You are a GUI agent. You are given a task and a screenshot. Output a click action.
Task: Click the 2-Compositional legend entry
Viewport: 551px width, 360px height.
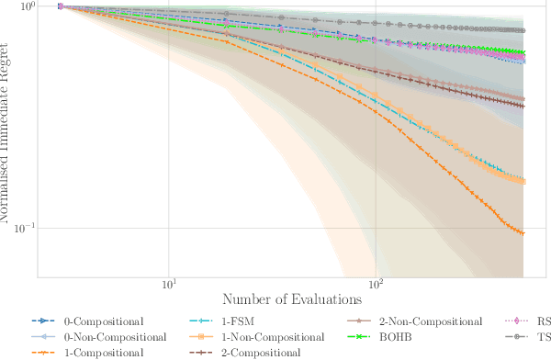click(259, 352)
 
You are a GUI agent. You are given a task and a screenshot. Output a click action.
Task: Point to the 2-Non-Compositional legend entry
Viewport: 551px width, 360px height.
click(431, 321)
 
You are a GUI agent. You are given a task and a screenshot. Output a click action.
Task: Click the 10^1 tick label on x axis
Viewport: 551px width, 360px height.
click(169, 283)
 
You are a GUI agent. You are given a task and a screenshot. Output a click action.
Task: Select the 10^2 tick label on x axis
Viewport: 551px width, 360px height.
click(376, 283)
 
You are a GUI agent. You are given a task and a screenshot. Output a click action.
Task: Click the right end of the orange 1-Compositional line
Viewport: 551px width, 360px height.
click(523, 233)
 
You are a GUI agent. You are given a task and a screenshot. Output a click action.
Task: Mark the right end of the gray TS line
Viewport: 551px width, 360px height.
click(523, 30)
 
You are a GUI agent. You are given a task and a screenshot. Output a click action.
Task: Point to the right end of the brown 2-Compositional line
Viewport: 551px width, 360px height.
click(523, 107)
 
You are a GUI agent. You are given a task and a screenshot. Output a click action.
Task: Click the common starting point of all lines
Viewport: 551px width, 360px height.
click(60, 6)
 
